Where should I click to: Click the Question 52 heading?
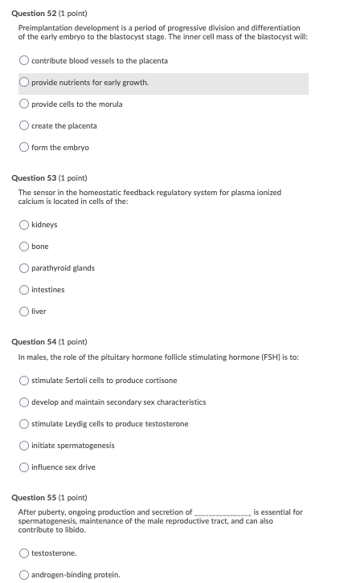click(52, 14)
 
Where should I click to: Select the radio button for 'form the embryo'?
click(25, 148)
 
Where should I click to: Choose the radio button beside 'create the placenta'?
click(25, 126)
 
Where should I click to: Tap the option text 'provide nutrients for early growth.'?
click(90, 83)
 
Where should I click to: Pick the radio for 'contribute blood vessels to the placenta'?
click(25, 61)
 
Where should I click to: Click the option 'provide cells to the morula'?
click(77, 104)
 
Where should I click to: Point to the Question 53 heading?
click(52, 177)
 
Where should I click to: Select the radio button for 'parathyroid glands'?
click(25, 268)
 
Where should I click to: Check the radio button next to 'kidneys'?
click(25, 225)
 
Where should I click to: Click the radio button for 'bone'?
click(25, 247)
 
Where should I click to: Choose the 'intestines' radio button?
click(25, 290)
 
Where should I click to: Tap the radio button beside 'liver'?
click(25, 312)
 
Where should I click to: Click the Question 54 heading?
click(52, 341)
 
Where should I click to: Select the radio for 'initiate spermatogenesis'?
click(25, 446)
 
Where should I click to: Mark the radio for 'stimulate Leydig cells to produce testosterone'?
click(25, 424)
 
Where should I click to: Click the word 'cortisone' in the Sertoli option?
click(162, 381)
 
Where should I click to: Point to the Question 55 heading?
click(52, 497)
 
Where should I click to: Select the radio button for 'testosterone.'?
click(25, 553)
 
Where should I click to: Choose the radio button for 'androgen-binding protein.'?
click(25, 575)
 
